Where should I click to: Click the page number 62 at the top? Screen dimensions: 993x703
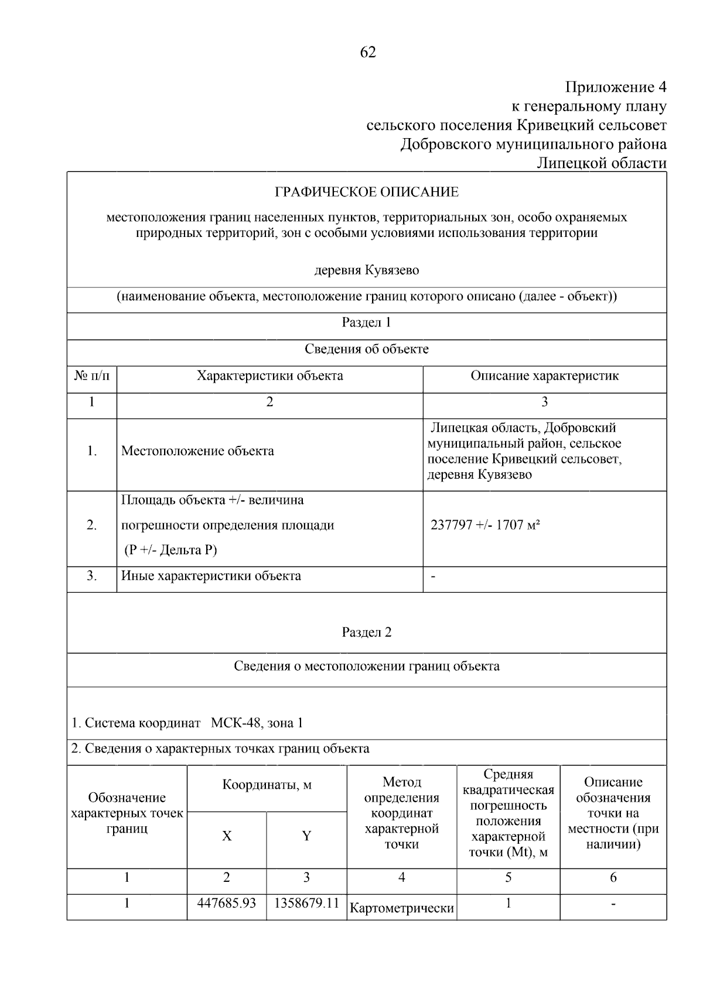click(x=367, y=53)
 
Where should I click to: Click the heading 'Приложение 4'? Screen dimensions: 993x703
click(x=615, y=88)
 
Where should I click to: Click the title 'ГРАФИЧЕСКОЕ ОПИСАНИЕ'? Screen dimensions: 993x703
click(x=367, y=192)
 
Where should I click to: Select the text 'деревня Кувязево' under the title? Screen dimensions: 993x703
click(x=367, y=270)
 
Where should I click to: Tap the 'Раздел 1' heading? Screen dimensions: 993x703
click(x=366, y=323)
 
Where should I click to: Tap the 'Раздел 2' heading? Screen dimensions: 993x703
click(x=366, y=633)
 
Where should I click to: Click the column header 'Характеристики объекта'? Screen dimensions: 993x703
click(x=269, y=376)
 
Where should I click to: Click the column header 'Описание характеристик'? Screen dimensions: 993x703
click(x=544, y=376)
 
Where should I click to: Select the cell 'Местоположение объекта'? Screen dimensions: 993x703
click(x=197, y=451)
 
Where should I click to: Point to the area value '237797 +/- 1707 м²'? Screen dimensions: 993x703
click(x=485, y=525)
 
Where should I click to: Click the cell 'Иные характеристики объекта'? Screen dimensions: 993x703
click(x=211, y=576)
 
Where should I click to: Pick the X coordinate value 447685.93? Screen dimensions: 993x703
click(x=227, y=903)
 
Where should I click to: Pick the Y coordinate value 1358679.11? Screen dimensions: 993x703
click(x=306, y=903)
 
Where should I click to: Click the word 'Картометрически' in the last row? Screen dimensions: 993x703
click(x=402, y=909)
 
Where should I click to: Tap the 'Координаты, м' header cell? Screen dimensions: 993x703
click(x=267, y=785)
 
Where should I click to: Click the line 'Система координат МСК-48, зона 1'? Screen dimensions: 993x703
click(x=187, y=723)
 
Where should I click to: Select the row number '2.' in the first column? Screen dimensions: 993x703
click(x=92, y=525)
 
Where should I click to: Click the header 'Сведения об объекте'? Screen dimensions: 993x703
click(x=366, y=349)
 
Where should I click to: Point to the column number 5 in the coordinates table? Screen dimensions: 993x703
click(x=508, y=878)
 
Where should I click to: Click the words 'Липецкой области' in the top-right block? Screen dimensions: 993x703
click(x=602, y=163)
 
